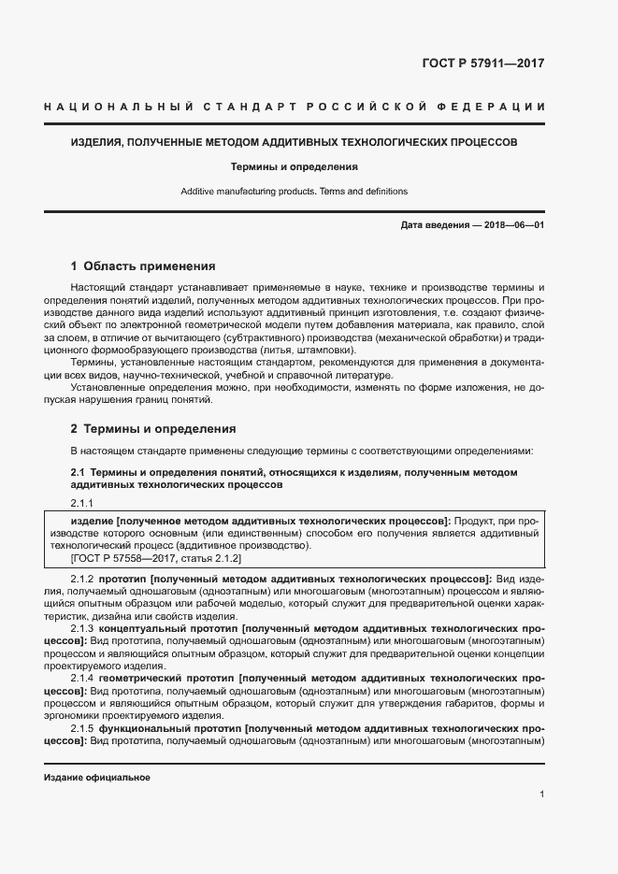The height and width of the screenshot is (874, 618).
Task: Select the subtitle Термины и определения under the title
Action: point(295,167)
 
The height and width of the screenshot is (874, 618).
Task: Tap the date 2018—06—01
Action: point(513,226)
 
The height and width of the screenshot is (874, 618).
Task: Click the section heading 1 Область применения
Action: point(143,265)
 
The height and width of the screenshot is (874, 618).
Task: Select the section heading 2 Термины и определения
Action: point(153,429)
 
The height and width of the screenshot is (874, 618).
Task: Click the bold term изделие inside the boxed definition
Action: point(92,519)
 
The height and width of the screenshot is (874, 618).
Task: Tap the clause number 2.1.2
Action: point(81,580)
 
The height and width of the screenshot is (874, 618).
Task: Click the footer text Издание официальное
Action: point(96,778)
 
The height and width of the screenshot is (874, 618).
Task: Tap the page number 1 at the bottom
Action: point(542,794)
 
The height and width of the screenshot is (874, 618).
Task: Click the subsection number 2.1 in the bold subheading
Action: point(79,472)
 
